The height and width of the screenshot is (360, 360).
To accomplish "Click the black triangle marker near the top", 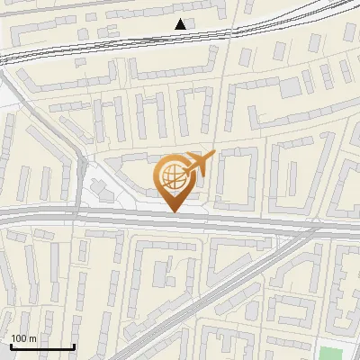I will [x=181, y=24].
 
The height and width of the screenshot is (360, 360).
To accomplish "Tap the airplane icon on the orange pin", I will [x=200, y=163].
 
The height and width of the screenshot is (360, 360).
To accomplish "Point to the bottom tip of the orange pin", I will [x=175, y=211].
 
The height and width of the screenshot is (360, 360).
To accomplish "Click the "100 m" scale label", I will [x=23, y=338].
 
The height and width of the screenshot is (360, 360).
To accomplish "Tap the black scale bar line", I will [x=42, y=346].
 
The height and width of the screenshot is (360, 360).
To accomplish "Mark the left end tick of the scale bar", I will [x=11, y=345].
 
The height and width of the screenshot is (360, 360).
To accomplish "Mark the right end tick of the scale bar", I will [x=74, y=345].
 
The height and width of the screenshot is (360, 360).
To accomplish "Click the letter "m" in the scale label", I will [x=32, y=338].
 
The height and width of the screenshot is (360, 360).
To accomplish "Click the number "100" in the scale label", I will [x=19, y=338].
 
